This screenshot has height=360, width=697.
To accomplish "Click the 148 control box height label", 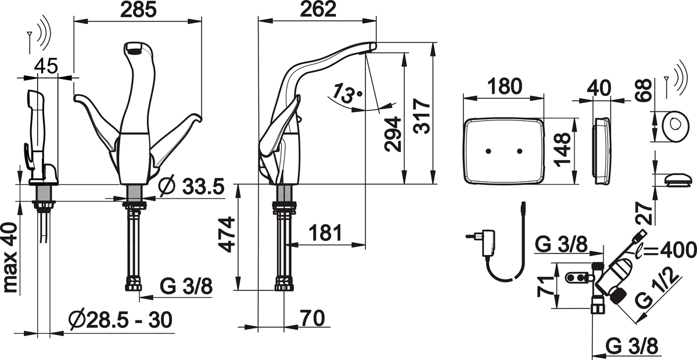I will click(562, 151).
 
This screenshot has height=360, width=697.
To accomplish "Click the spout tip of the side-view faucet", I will click(371, 46).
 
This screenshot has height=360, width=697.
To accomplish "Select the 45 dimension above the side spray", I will click(46, 67).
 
